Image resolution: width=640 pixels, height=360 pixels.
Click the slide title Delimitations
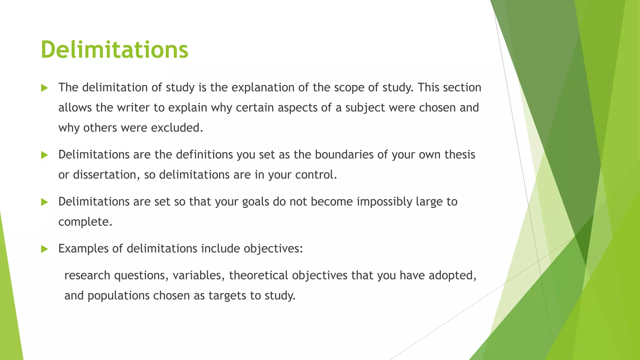[x=114, y=50]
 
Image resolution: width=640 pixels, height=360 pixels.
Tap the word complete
[x=85, y=222]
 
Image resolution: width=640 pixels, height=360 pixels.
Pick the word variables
[x=199, y=276]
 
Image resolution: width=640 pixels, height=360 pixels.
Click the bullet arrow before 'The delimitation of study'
[x=44, y=88]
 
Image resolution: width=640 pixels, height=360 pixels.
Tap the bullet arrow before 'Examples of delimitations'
[x=44, y=249]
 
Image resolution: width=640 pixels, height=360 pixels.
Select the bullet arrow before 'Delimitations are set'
[x=44, y=202]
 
